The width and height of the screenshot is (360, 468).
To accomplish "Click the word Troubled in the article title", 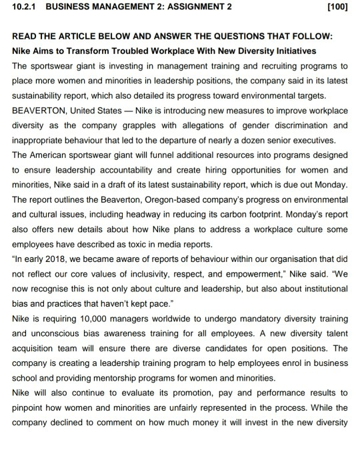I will [146, 50].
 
